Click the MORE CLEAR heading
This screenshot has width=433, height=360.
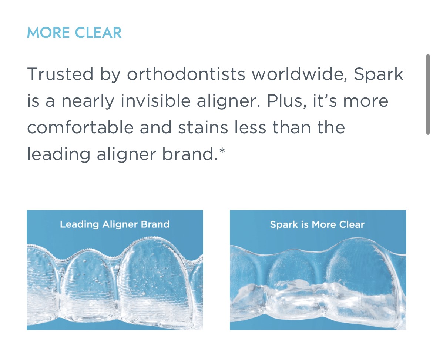pos(74,33)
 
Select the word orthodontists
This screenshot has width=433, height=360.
pos(186,74)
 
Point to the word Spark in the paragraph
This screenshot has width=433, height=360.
pos(378,74)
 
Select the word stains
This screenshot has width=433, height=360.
pos(203,128)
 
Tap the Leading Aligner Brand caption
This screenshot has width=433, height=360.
pos(115,224)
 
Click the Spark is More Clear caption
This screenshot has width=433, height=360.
pos(317,224)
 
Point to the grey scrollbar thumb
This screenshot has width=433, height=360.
pos(428,94)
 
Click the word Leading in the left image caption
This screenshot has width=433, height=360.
pos(80,224)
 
